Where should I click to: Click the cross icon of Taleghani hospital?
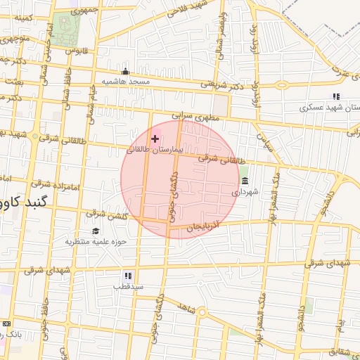(155, 139)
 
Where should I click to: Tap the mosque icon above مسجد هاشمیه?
(126, 71)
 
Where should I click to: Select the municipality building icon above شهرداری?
(244, 181)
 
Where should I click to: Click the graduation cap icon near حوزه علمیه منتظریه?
(96, 231)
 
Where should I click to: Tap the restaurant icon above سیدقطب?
(128, 276)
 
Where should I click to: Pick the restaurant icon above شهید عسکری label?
(336, 96)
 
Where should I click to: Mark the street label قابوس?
(76, 50)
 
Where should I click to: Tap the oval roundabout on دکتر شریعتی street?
(282, 86)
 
